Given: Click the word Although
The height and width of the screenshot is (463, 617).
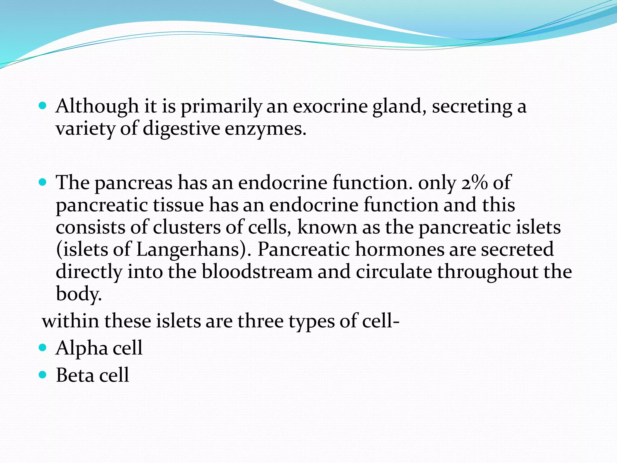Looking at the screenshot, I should point(97,106).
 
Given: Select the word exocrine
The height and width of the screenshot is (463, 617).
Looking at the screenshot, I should point(330,106).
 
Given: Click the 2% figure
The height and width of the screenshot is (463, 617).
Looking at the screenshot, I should point(474,183).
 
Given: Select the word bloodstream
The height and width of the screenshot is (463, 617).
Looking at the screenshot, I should point(257,272).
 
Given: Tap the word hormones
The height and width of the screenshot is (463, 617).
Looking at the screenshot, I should point(399,249).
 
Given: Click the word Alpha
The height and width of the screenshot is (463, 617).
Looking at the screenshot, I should point(82,348).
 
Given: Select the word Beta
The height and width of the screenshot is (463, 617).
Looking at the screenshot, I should point(75,375).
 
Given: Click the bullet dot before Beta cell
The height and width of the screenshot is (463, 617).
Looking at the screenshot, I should point(43,375).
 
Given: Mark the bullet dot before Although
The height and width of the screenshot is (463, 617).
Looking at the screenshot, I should point(43,106).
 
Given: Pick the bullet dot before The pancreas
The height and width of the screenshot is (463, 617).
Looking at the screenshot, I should point(43,182).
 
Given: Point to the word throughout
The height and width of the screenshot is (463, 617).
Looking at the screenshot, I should point(487,272).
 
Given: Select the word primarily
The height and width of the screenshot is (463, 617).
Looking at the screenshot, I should point(221,106).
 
